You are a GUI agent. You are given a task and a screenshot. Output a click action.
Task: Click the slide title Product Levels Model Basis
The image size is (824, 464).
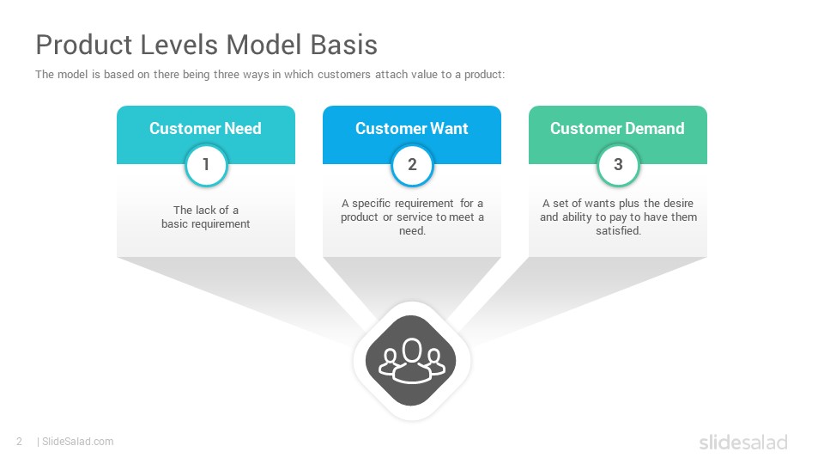click(207, 45)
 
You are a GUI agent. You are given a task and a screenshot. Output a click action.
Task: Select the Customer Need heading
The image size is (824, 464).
click(205, 128)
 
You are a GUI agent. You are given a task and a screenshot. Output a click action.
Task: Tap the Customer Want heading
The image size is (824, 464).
click(411, 128)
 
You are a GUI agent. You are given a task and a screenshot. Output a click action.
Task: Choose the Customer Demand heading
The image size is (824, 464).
click(617, 128)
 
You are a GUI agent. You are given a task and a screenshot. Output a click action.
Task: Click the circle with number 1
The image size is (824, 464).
click(206, 165)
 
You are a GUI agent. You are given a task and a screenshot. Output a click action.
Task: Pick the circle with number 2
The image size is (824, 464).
click(412, 165)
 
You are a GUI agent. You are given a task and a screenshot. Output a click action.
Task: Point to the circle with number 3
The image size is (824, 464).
click(618, 165)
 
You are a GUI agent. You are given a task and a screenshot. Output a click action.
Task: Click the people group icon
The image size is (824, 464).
click(411, 360)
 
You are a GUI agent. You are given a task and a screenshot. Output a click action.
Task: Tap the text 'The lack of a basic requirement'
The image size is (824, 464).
click(206, 217)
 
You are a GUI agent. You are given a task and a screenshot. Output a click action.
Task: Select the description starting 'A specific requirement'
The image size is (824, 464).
click(412, 217)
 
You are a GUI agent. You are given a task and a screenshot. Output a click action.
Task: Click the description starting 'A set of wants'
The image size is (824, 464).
click(618, 217)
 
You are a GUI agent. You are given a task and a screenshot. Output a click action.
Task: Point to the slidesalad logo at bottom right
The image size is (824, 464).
click(743, 442)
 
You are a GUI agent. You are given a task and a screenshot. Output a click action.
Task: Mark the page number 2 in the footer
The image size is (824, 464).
click(20, 442)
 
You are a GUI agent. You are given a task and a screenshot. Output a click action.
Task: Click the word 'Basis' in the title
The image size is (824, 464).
click(343, 45)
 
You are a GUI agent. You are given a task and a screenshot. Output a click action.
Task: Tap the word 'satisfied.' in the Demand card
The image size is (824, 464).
click(618, 230)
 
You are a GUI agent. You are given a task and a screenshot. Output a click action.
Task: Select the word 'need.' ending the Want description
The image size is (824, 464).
click(412, 231)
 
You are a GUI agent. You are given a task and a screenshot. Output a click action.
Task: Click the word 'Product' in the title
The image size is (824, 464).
click(84, 45)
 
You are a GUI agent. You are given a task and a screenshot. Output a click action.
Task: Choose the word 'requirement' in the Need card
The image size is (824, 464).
click(221, 224)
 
